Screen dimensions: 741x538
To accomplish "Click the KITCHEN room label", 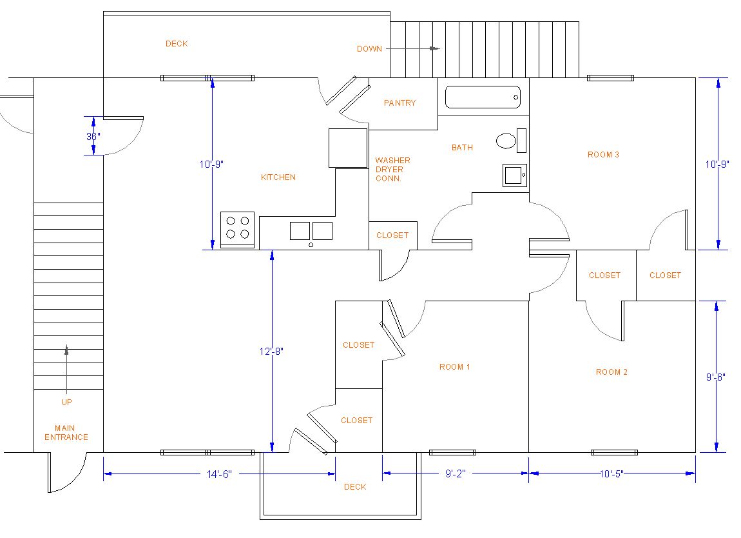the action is pos(278,177).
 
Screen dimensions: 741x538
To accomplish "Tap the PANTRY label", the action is pos(399,103).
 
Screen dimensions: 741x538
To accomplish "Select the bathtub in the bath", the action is pos(483,97).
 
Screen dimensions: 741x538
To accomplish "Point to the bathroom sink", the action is pos(515,175).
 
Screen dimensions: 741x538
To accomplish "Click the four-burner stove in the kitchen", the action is pos(238,230).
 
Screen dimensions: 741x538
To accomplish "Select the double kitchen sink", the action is pos(311,232).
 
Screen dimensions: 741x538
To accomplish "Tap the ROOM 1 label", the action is pos(455,366).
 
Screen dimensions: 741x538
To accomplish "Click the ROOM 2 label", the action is pos(611,372).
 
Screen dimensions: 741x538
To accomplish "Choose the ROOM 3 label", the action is pos(603,154).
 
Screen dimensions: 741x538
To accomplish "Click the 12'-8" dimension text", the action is pos(271,351).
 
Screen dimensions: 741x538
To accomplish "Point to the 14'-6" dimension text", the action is pos(219,474).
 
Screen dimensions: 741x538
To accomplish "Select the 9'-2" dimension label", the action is pos(455,473).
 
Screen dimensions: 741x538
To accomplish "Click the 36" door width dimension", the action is pos(93,136).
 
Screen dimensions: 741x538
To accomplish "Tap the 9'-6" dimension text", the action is pos(715,377).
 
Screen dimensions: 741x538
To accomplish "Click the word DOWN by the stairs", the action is pos(370,49).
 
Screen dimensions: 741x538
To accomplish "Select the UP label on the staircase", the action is pos(66,402).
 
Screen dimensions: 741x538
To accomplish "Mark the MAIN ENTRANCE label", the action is pos(66,432).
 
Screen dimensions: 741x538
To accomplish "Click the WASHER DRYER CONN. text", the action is pos(392,170).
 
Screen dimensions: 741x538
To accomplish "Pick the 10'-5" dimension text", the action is pos(611,473).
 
